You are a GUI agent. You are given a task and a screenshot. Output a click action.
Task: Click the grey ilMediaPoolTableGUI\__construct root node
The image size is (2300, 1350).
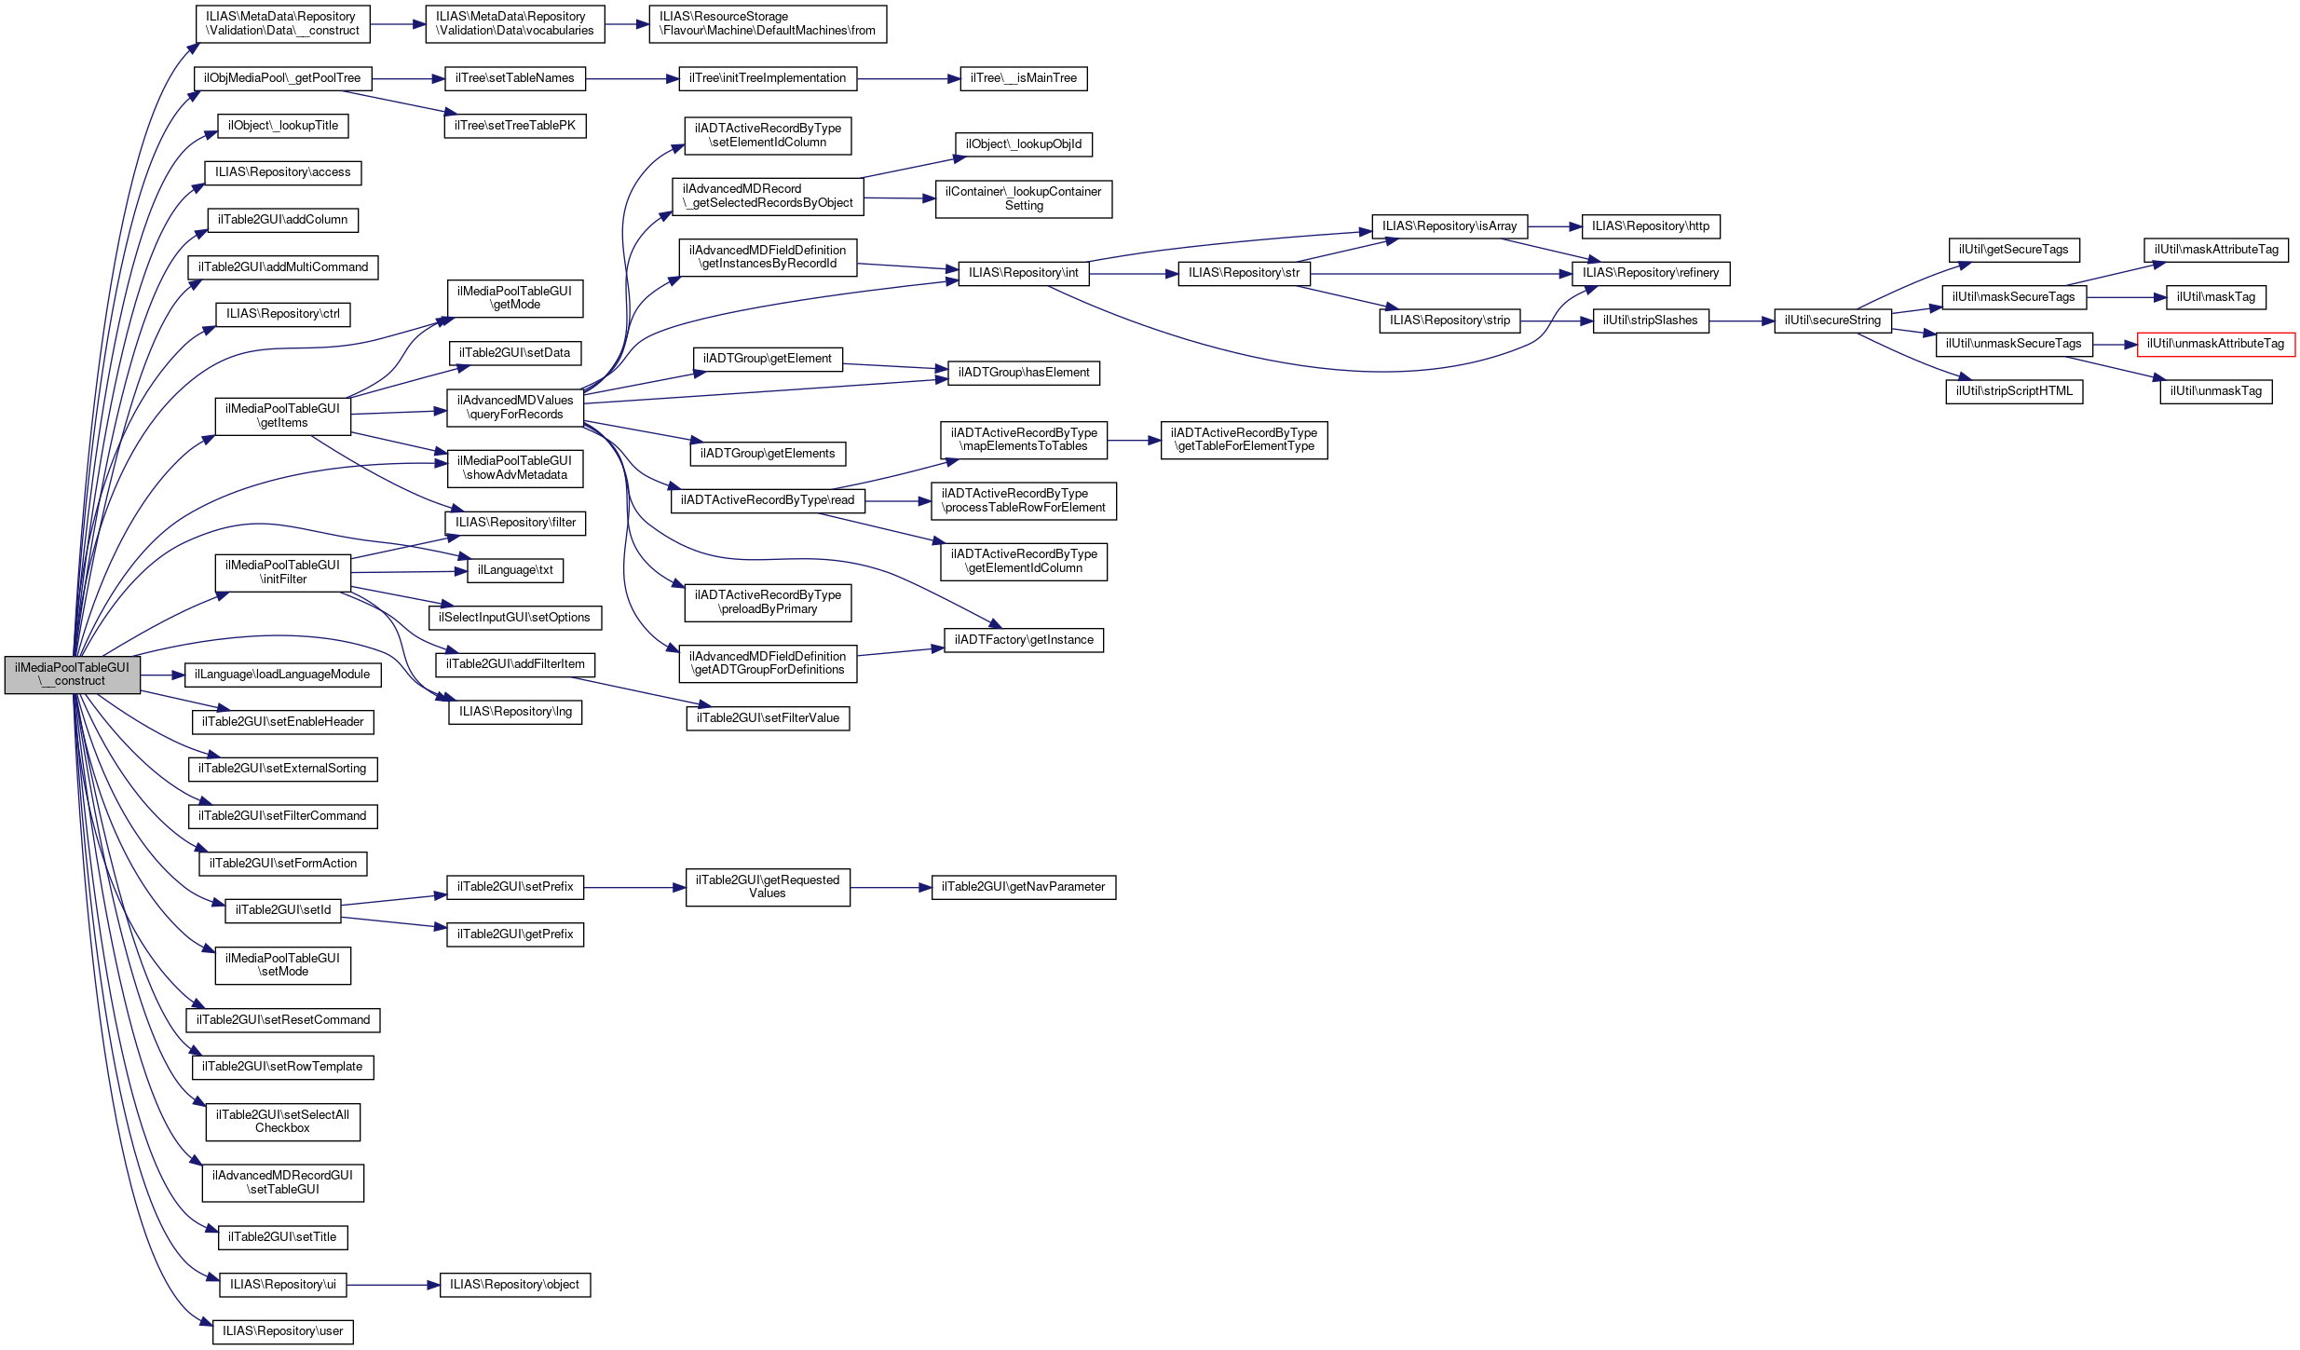pyautogui.click(x=72, y=675)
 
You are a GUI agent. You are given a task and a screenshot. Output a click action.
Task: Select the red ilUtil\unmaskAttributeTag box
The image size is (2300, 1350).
pyautogui.click(x=2215, y=344)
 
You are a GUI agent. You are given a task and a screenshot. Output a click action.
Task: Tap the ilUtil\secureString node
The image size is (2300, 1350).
pyautogui.click(x=1832, y=320)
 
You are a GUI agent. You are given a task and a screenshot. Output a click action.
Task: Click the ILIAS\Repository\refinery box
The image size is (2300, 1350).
pyautogui.click(x=1651, y=273)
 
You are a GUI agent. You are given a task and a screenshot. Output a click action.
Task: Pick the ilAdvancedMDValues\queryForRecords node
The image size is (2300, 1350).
pyautogui.click(x=515, y=407)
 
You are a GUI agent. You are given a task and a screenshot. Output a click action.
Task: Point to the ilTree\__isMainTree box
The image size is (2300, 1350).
pyautogui.click(x=1024, y=78)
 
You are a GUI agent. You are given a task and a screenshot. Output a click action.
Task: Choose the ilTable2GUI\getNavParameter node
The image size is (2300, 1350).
pyautogui.click(x=1023, y=887)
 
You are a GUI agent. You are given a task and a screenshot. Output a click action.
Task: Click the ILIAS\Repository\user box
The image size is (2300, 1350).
pyautogui.click(x=282, y=1331)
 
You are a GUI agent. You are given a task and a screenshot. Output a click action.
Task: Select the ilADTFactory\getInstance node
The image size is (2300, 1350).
pyautogui.click(x=1024, y=640)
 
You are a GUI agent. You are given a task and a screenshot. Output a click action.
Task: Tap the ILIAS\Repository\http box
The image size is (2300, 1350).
pyautogui.click(x=1651, y=226)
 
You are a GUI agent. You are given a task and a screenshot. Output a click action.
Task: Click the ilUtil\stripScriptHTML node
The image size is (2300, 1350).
pyautogui.click(x=2014, y=391)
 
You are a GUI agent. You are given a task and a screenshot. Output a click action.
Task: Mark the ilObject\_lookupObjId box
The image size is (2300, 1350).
pyautogui.click(x=1023, y=144)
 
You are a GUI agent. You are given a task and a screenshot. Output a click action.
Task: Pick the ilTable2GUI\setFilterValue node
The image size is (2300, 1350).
pyautogui.click(x=768, y=718)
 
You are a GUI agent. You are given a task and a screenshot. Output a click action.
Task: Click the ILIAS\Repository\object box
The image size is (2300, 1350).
pyautogui.click(x=514, y=1285)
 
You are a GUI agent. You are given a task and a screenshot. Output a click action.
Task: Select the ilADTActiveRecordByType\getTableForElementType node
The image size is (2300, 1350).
pyautogui.click(x=1244, y=440)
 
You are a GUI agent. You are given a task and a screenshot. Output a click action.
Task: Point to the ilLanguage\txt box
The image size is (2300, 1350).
pyautogui.click(x=515, y=570)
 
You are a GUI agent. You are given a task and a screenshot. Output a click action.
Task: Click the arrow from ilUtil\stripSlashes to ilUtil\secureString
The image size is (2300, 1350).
pyautogui.click(x=1741, y=320)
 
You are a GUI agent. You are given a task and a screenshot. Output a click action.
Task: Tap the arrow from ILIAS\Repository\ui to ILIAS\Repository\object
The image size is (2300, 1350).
pyautogui.click(x=392, y=1285)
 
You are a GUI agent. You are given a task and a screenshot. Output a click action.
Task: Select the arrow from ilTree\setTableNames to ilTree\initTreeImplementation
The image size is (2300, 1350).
pyautogui.click(x=633, y=79)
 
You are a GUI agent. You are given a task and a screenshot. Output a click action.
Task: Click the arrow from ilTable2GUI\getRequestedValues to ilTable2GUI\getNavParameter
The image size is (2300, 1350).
pyautogui.click(x=891, y=888)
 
